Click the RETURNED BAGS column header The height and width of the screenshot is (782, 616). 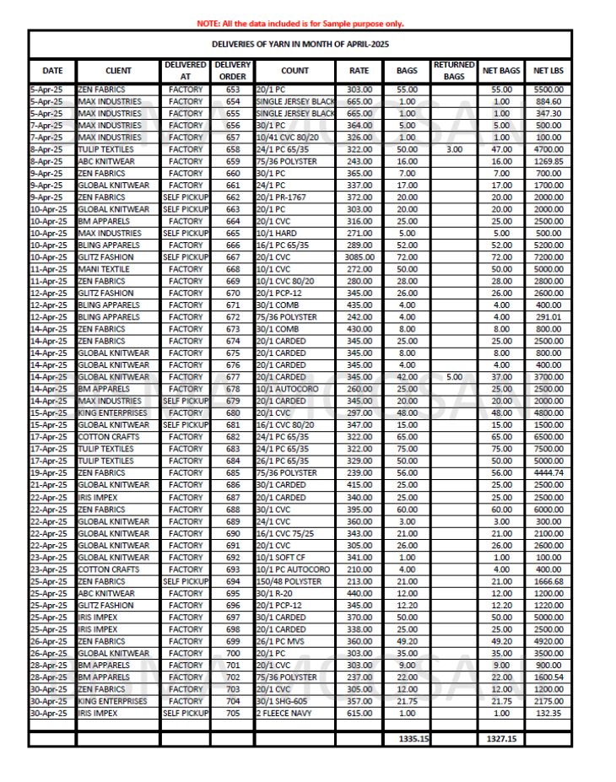[455, 71]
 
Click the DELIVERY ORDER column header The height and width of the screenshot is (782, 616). [232, 71]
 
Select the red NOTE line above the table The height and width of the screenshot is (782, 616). [300, 24]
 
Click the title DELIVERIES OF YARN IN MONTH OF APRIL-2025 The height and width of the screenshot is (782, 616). [300, 45]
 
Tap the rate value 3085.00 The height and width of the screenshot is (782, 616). [359, 256]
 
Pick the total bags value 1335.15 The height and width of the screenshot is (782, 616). [408, 739]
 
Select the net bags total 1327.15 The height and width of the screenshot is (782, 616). [501, 739]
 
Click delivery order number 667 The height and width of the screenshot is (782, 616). [232, 256]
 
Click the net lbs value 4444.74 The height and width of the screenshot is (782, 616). [548, 473]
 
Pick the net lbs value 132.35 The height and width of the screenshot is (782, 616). [548, 713]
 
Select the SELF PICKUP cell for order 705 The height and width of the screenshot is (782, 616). [186, 713]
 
